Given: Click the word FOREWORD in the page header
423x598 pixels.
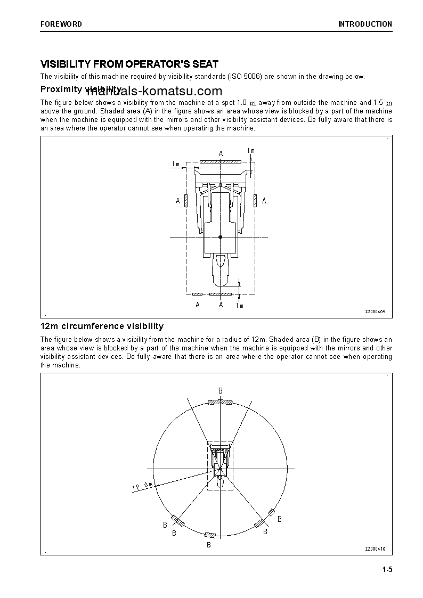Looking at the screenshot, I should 61,24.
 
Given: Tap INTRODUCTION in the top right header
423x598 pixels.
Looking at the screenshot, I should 365,24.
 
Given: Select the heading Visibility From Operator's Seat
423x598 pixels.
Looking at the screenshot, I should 129,64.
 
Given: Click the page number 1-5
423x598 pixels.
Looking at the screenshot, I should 387,570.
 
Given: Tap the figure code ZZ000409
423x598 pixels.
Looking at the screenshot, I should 375,312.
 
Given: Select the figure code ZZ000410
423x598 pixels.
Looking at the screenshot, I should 375,549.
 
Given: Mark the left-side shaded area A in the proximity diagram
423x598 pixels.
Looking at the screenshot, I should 185,200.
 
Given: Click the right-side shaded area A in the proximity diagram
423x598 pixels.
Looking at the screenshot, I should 256,200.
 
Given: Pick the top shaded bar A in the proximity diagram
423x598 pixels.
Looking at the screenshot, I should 221,161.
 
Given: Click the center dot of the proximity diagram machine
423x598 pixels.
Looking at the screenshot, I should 221,236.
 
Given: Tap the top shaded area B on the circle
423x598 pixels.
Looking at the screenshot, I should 219,402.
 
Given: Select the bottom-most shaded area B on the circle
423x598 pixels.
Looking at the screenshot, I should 210,535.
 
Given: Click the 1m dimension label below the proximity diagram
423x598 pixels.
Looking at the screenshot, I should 239,306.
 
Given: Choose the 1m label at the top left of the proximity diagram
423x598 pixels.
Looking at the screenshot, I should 176,164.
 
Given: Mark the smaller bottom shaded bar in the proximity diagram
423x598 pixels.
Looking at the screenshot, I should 198,294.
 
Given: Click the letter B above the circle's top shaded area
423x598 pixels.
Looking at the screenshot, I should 220,391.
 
